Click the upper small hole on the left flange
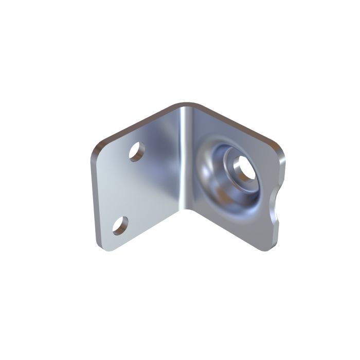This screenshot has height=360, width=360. pos(136,152)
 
